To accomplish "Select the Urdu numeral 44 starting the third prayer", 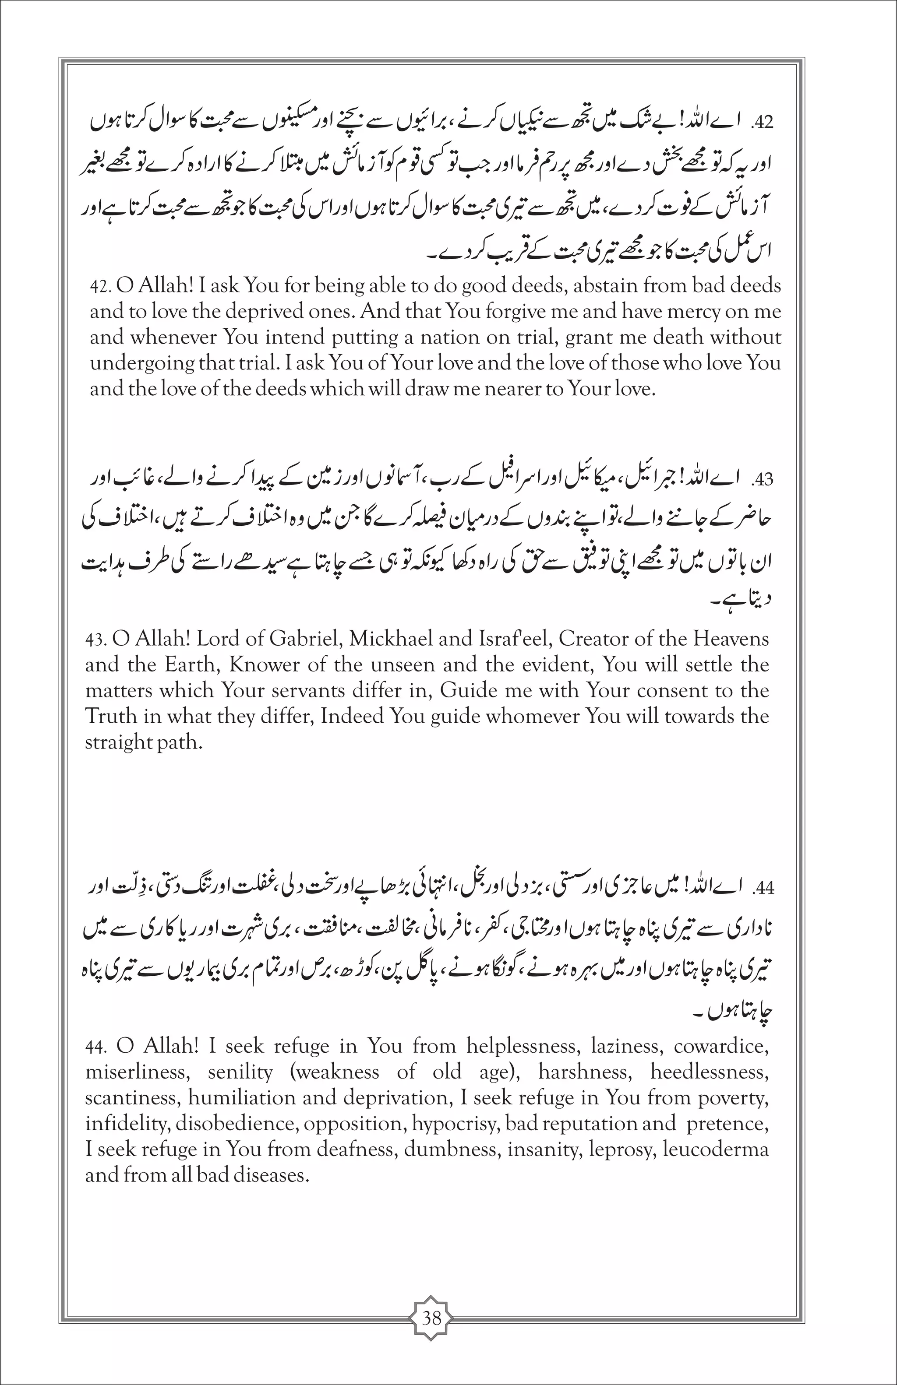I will click(763, 889).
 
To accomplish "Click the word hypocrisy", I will click(455, 1124).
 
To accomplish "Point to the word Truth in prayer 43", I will click(109, 717).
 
